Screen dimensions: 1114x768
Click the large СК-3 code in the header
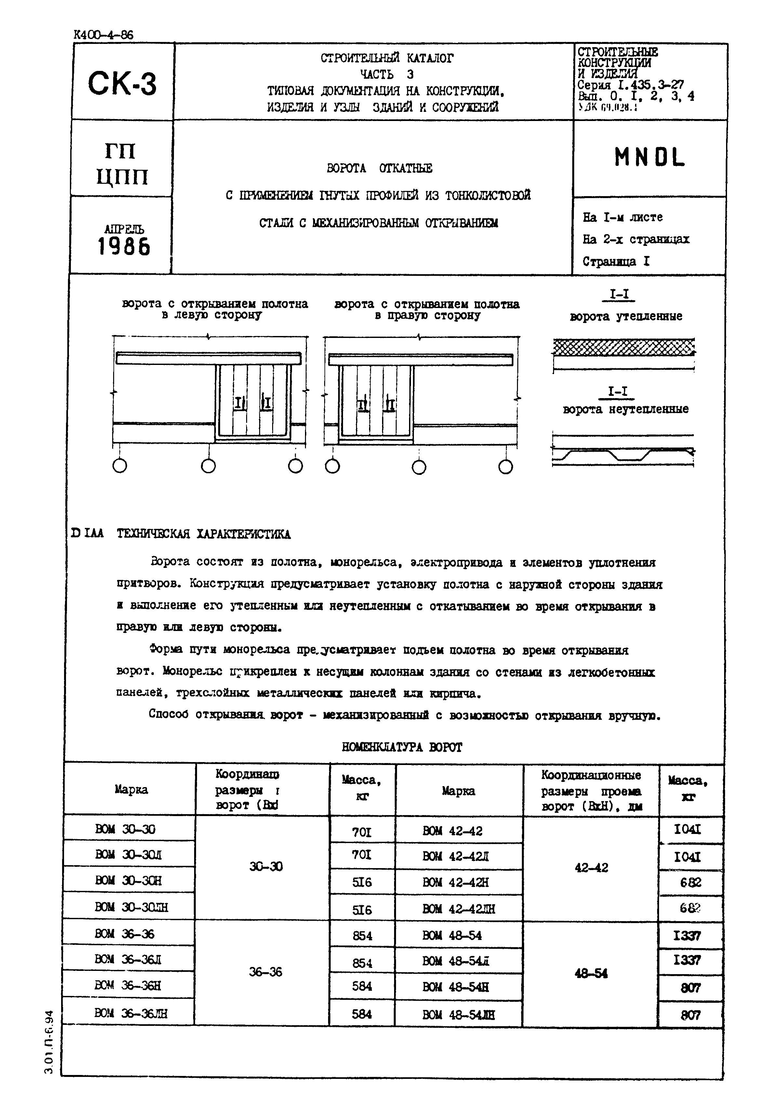point(122,83)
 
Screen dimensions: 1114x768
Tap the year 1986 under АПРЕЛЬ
point(124,247)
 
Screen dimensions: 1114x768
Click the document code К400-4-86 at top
point(103,35)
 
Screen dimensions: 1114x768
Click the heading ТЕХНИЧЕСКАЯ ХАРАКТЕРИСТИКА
point(204,534)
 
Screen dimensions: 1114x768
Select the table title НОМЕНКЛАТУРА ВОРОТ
point(402,747)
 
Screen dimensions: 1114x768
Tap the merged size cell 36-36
point(266,972)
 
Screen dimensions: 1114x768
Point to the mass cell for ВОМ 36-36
point(362,935)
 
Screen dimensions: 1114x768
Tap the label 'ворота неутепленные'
point(626,409)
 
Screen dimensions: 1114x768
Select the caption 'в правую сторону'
point(427,316)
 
